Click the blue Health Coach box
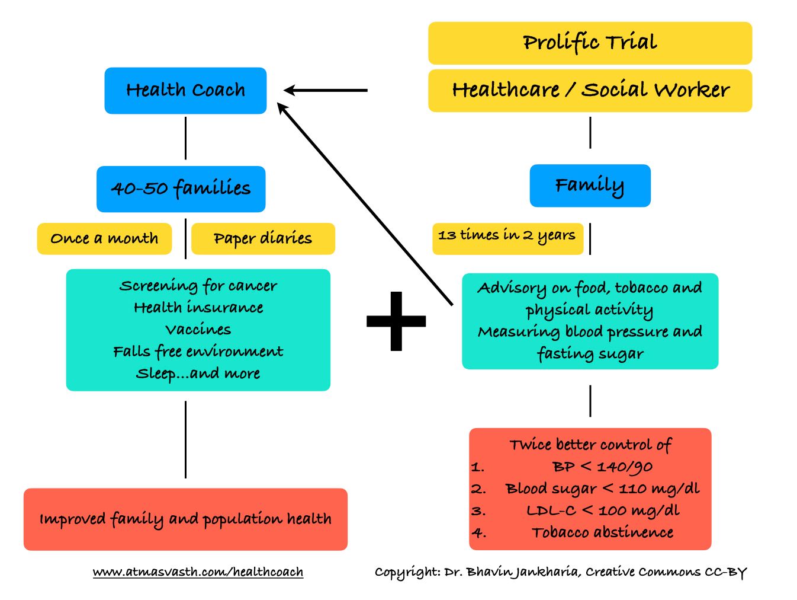coord(185,91)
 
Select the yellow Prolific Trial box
coord(590,43)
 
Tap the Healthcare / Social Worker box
coord(590,91)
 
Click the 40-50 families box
coord(181,189)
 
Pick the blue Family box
coord(590,186)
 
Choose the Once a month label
coord(104,238)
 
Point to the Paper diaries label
coord(263,238)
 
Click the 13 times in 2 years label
coord(507,235)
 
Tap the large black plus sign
coord(396,321)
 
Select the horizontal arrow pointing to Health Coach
coord(326,91)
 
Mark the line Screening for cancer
coord(198,286)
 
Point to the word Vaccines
coord(198,330)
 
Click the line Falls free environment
coord(198,352)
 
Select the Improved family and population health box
coord(185,519)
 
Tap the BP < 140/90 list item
coord(602,467)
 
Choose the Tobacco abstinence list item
coord(602,533)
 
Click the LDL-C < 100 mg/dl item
coord(602,511)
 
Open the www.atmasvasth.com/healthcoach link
coord(198,572)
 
